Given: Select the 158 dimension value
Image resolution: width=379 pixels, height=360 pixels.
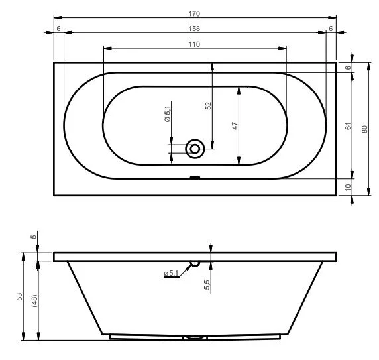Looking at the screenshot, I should point(194,29).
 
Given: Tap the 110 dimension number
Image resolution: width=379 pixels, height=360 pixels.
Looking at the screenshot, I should point(194,44).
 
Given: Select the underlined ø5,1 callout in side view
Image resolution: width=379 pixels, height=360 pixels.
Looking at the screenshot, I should point(171,273).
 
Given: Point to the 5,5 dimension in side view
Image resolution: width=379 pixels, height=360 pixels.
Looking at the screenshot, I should point(208,284).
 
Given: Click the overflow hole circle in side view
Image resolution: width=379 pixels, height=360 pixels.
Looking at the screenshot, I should point(195,264).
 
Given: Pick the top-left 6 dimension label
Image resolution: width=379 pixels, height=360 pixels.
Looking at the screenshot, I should point(59,29).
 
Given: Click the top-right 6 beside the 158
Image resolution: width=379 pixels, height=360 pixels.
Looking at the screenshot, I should point(330,29).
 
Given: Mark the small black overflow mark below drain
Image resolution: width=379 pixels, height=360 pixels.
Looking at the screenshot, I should point(195,177).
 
